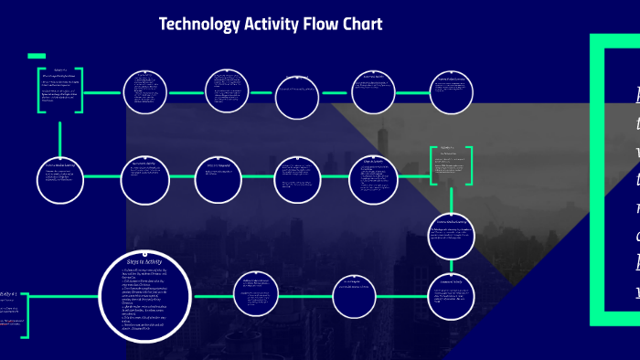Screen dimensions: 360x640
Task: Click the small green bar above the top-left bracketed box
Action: (x=37, y=56)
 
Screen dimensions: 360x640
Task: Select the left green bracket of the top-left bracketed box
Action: (x=39, y=90)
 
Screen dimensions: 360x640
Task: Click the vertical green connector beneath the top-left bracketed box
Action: (x=60, y=137)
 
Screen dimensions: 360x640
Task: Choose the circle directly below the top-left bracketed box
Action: (x=60, y=179)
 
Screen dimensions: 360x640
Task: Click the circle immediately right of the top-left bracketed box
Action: (x=144, y=92)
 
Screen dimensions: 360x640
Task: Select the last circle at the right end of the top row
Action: (x=451, y=92)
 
